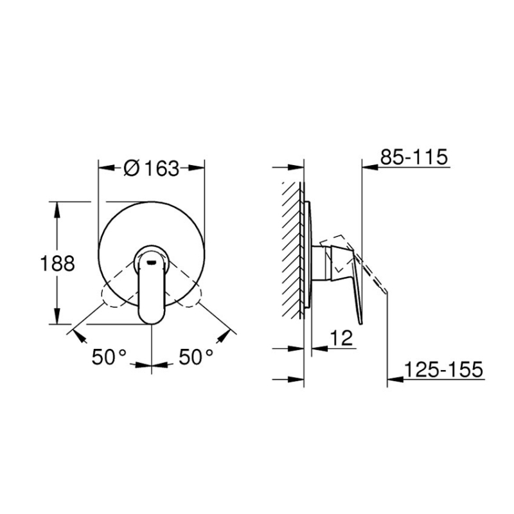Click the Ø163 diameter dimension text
(151, 168)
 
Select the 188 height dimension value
(57, 263)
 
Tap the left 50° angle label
(109, 357)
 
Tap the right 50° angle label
(195, 357)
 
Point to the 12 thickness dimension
(344, 339)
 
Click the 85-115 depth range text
(413, 157)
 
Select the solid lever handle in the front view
(152, 289)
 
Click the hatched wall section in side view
(292, 251)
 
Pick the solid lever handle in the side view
(347, 276)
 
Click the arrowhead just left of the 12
(318, 350)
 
